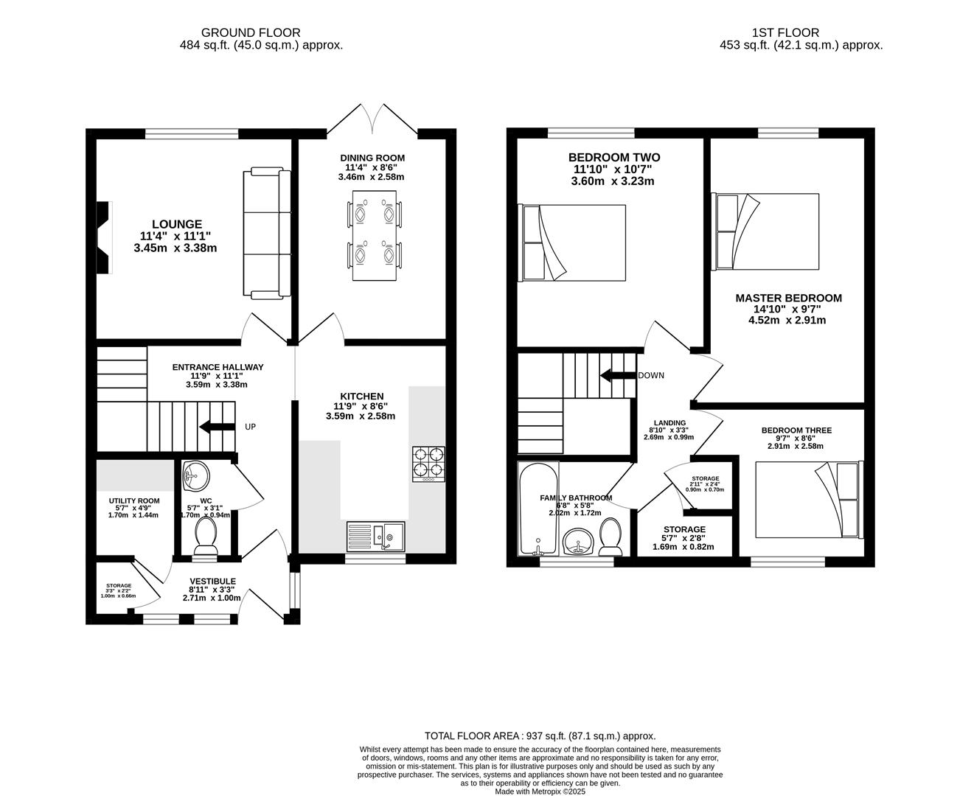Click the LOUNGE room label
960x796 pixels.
pos(176,224)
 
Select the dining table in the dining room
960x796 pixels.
pos(374,235)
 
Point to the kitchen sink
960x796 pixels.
pos(375,536)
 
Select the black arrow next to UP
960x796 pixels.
pos(215,427)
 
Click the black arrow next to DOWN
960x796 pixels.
pos(617,375)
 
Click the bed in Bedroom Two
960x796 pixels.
pos(574,242)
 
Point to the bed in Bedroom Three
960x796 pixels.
pos(807,500)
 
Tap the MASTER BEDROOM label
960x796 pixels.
pos(787,298)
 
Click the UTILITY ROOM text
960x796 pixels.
pos(134,501)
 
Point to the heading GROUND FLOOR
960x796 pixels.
pos(251,32)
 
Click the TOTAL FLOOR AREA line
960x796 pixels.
pos(540,736)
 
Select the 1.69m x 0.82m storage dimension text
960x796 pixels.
pos(684,547)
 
